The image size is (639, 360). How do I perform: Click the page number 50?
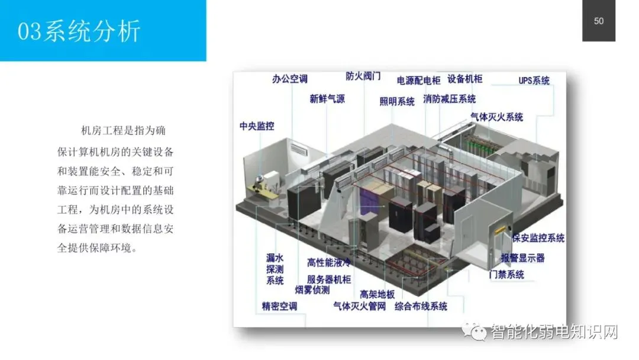pyautogui.click(x=599, y=21)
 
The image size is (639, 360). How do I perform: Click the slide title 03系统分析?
pyautogui.click(x=79, y=31)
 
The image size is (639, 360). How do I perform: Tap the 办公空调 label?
pyautogui.click(x=289, y=79)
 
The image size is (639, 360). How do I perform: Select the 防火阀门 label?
pyautogui.click(x=363, y=76)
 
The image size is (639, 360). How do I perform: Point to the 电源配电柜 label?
pyautogui.click(x=418, y=80)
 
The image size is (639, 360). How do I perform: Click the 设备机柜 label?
pyautogui.click(x=464, y=79)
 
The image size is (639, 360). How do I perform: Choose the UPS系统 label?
pyautogui.click(x=534, y=81)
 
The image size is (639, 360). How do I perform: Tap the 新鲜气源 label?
pyautogui.click(x=327, y=99)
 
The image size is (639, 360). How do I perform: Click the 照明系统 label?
pyautogui.click(x=397, y=101)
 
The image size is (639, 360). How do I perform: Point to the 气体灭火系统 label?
pyautogui.click(x=496, y=117)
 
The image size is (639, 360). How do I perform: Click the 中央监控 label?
pyautogui.click(x=257, y=126)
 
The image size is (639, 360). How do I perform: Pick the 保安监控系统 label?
pyautogui.click(x=538, y=238)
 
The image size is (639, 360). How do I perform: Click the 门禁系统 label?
pyautogui.click(x=506, y=275)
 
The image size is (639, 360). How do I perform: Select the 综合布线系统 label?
pyautogui.click(x=421, y=306)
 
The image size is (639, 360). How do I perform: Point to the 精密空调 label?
pyautogui.click(x=279, y=306)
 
